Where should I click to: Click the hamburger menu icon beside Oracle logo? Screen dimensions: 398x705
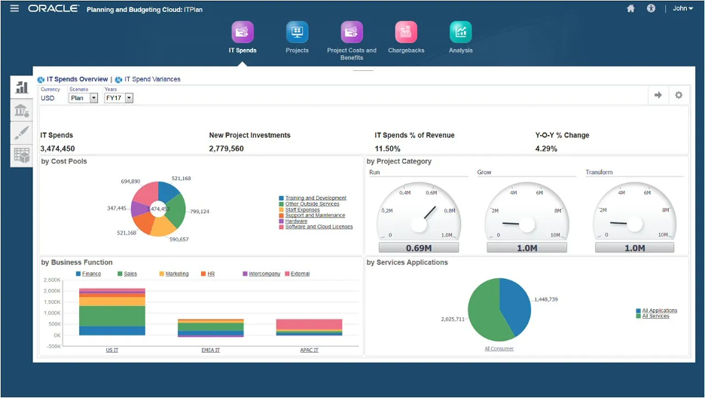[14, 8]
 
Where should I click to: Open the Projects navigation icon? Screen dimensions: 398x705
[297, 32]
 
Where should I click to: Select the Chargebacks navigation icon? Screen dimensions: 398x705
[406, 32]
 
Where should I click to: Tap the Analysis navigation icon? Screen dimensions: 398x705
[460, 32]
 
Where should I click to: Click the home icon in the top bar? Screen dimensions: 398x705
[630, 8]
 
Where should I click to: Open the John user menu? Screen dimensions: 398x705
[682, 8]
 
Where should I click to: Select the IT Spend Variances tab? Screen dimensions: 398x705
[152, 79]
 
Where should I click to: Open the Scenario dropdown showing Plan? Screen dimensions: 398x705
[83, 98]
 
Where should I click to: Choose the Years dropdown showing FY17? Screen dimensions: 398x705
[118, 98]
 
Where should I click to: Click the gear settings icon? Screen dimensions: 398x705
[679, 95]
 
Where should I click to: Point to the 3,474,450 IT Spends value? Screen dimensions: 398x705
[57, 148]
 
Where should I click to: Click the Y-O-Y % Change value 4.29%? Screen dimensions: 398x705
[546, 148]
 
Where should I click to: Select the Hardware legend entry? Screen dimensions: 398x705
[296, 221]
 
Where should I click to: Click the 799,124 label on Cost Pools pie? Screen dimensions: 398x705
[200, 212]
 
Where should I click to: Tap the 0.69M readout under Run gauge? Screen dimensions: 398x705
[418, 248]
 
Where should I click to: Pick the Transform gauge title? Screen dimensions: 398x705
[599, 173]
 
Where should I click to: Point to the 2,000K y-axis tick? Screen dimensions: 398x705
[52, 290]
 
